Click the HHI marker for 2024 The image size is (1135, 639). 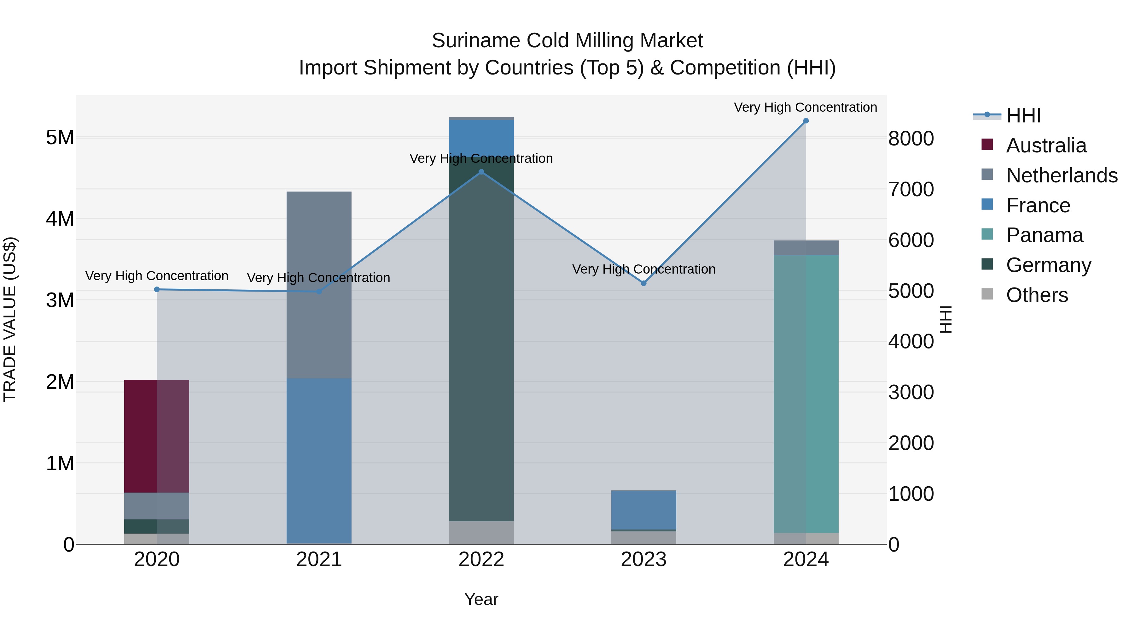(x=806, y=121)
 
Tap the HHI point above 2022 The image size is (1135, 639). (x=481, y=172)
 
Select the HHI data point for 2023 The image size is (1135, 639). (x=644, y=283)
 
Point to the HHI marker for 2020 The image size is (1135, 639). (x=157, y=289)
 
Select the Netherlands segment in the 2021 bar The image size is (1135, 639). (x=319, y=284)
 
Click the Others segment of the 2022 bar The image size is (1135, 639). (x=481, y=533)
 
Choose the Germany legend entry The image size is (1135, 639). (x=1049, y=265)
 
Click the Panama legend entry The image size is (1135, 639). (x=1044, y=235)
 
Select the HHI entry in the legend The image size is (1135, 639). (x=1023, y=115)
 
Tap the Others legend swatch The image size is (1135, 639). (x=987, y=294)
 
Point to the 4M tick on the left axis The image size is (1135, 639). (x=60, y=219)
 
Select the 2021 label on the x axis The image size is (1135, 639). (x=319, y=559)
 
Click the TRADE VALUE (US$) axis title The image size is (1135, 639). (x=10, y=319)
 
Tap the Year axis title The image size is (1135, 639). (x=481, y=599)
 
